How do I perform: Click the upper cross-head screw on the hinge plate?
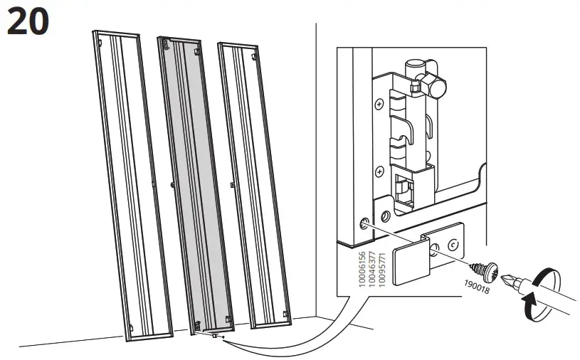[x=378, y=105]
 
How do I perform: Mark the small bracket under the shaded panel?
[x=213, y=335]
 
